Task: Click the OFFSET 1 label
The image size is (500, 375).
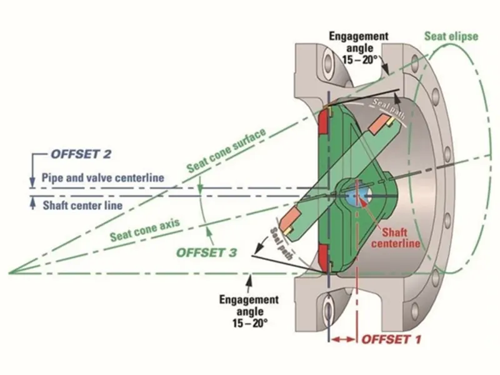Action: (x=391, y=339)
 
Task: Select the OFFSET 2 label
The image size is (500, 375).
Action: (x=81, y=154)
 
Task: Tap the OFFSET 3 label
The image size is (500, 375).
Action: (x=207, y=252)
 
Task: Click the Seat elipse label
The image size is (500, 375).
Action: (x=451, y=36)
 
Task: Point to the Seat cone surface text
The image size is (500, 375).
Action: (x=226, y=150)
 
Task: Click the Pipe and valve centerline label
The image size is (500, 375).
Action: (x=103, y=177)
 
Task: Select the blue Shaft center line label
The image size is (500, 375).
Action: (x=82, y=205)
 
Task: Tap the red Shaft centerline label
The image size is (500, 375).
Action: (x=396, y=238)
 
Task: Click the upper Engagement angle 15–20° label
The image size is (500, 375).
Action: (x=359, y=47)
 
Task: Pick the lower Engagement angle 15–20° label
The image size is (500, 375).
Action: (x=249, y=311)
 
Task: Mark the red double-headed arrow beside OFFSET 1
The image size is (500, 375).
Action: (x=343, y=339)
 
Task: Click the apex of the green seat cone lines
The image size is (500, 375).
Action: (x=9, y=273)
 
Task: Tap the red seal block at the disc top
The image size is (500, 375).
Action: (x=324, y=122)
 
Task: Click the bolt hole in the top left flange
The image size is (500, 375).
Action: (x=327, y=66)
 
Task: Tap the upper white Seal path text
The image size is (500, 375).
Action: (x=388, y=108)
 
